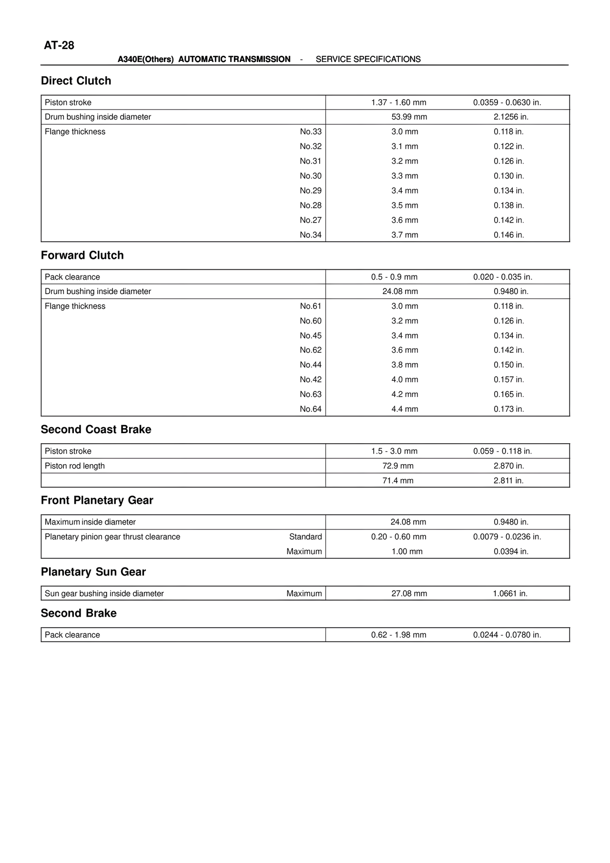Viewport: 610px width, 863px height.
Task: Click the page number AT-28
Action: pyautogui.click(x=59, y=45)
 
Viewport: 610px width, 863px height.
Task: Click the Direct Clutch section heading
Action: pyautogui.click(x=76, y=81)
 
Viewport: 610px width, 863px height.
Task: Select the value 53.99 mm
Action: pyautogui.click(x=409, y=117)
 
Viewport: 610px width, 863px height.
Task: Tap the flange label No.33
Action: pyautogui.click(x=310, y=132)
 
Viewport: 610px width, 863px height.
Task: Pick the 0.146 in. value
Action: pyautogui.click(x=508, y=235)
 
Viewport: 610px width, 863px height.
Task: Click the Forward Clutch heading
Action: pyautogui.click(x=82, y=255)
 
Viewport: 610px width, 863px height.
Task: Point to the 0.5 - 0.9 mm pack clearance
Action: pyautogui.click(x=394, y=277)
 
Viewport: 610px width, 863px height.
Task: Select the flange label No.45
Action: pyautogui.click(x=310, y=335)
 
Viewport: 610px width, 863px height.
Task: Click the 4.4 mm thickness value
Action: pyautogui.click(x=405, y=409)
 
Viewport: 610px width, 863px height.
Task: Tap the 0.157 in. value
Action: pyautogui.click(x=508, y=379)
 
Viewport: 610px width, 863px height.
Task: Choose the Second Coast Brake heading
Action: pyautogui.click(x=96, y=429)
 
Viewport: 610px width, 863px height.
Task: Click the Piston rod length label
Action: pyautogui.click(x=74, y=466)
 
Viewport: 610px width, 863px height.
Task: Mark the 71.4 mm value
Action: pyautogui.click(x=398, y=480)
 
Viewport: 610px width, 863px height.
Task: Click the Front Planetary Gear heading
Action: pyautogui.click(x=97, y=500)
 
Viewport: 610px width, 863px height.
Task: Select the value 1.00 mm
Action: pyautogui.click(x=407, y=551)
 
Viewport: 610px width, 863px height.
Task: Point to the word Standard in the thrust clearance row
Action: pyautogui.click(x=305, y=537)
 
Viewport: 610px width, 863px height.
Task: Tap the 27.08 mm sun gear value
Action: pyautogui.click(x=409, y=593)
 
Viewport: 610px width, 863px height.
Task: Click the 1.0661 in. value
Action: pyautogui.click(x=510, y=593)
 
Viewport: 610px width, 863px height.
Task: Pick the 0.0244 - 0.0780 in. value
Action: pyautogui.click(x=507, y=635)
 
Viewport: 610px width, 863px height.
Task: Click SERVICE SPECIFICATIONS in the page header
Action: pyautogui.click(x=368, y=59)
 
